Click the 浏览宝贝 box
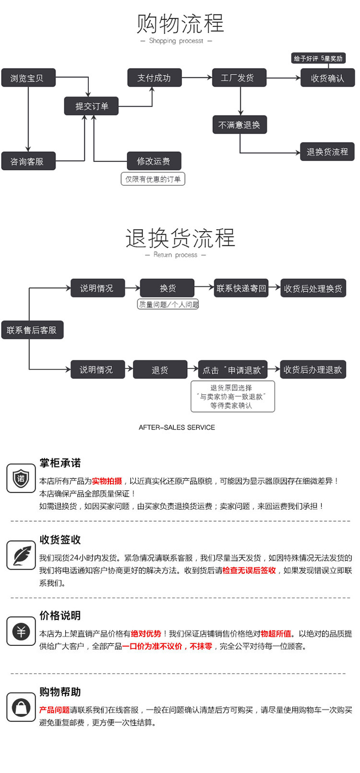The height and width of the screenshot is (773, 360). [x=28, y=78]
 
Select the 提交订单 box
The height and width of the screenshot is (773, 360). [x=91, y=106]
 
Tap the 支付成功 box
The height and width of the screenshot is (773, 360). [x=154, y=78]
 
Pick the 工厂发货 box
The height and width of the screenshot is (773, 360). [x=239, y=78]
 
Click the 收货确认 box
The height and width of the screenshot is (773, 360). [x=327, y=78]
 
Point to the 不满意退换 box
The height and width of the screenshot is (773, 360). [x=239, y=125]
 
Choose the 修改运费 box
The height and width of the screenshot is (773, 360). [x=154, y=161]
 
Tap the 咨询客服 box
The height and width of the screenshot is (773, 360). [x=28, y=161]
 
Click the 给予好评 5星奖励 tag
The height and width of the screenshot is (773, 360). [x=318, y=59]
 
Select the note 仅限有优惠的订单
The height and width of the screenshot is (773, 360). [x=153, y=179]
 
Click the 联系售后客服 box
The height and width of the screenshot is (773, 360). [x=32, y=330]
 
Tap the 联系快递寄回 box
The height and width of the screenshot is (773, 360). [x=240, y=288]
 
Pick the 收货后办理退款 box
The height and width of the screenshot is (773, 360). [x=312, y=369]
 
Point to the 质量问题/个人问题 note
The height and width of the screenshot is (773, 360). [x=168, y=304]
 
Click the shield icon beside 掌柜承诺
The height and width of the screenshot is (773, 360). [x=21, y=478]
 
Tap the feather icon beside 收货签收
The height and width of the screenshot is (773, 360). [x=21, y=555]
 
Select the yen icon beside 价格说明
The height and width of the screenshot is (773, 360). [x=21, y=631]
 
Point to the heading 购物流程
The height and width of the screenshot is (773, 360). [x=180, y=24]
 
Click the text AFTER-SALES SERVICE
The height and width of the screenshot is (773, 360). [x=177, y=427]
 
